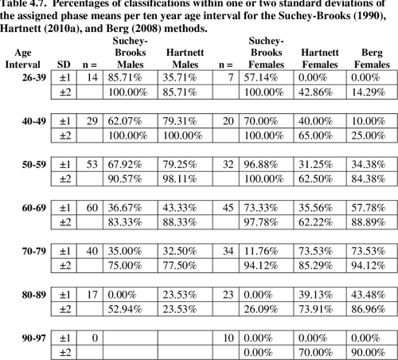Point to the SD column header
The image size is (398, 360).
tap(64, 65)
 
